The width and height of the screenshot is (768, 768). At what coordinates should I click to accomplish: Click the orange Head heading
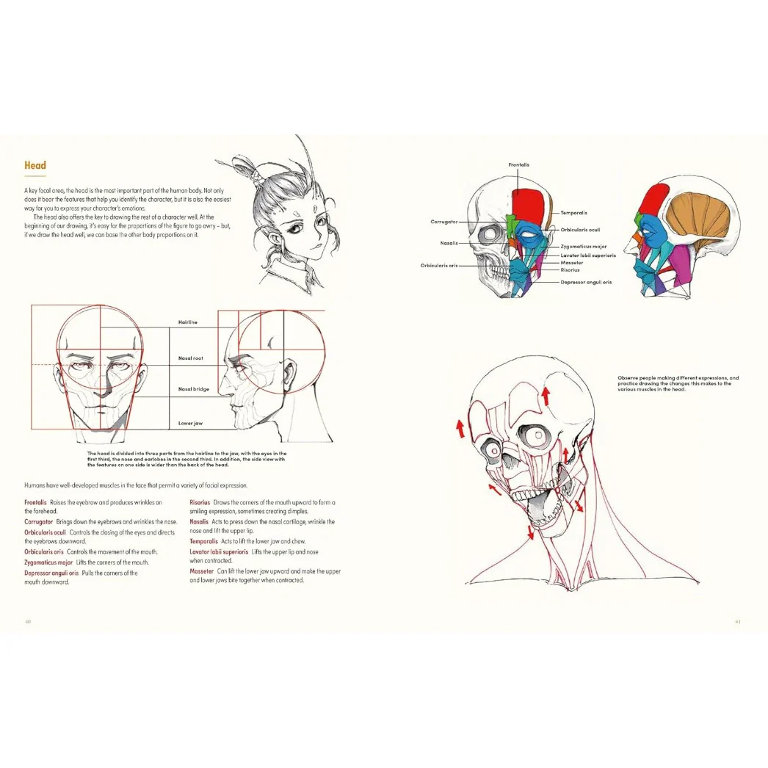pyautogui.click(x=35, y=165)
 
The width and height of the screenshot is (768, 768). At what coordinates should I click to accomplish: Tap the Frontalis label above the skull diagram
pyautogui.click(x=518, y=164)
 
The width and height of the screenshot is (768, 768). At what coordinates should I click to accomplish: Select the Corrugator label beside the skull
pyautogui.click(x=443, y=222)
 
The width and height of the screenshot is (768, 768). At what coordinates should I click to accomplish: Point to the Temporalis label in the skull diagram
pyautogui.click(x=573, y=213)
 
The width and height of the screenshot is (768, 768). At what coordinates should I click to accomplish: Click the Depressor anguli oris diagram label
pyautogui.click(x=586, y=282)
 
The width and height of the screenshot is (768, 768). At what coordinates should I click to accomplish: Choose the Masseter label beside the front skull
pyautogui.click(x=571, y=263)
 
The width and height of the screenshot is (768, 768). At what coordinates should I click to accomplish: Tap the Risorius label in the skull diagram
pyautogui.click(x=570, y=270)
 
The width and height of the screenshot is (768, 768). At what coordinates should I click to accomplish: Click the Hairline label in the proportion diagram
pyautogui.click(x=187, y=322)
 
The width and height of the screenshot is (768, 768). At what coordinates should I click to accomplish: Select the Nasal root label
pyautogui.click(x=190, y=358)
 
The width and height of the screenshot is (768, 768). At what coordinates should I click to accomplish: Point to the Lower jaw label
pyautogui.click(x=190, y=423)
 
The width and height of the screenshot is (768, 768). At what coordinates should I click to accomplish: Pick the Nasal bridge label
pyautogui.click(x=194, y=389)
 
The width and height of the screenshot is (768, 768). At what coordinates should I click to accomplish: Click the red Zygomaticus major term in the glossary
pyautogui.click(x=48, y=562)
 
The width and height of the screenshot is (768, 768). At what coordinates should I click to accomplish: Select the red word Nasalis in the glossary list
pyautogui.click(x=199, y=521)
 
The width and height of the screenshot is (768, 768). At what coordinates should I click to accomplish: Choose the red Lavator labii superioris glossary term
pyautogui.click(x=219, y=551)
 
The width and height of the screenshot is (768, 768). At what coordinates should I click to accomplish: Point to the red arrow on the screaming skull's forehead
pyautogui.click(x=546, y=396)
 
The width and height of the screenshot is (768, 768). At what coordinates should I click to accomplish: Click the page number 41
pyautogui.click(x=738, y=622)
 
